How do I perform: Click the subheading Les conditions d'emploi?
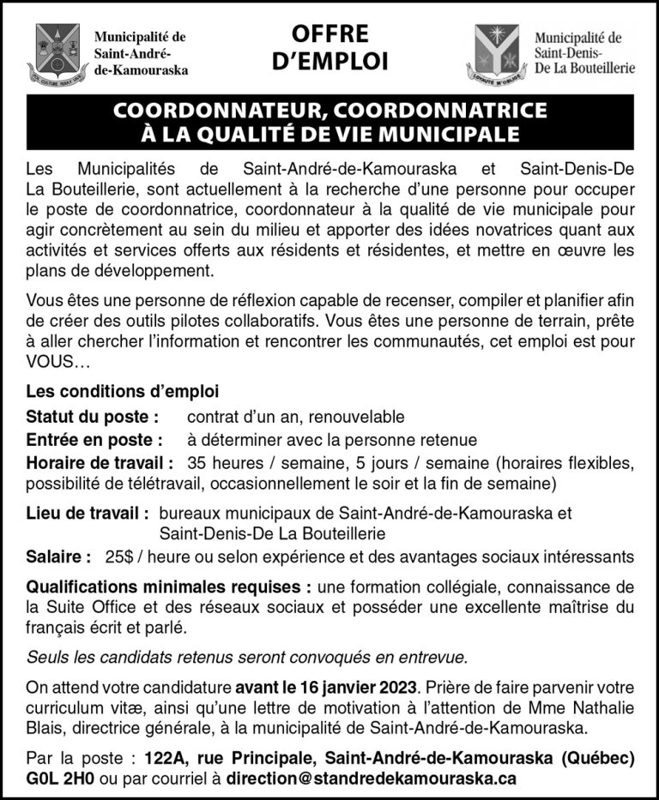coord(122,392)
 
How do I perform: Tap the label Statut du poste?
coord(93,418)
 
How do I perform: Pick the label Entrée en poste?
coord(94,441)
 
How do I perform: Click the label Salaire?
coord(58,556)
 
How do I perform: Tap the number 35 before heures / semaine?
coord(196,464)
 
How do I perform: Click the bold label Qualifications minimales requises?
coord(168,587)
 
